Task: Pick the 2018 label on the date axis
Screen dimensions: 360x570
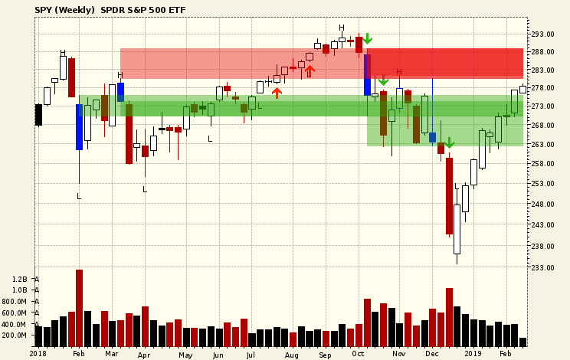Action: pos(38,354)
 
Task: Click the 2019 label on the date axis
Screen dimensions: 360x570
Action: pos(473,354)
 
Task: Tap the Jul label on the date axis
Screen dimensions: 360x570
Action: pos(251,354)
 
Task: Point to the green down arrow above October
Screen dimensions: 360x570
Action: pos(368,38)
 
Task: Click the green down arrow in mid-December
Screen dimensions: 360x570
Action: pos(449,143)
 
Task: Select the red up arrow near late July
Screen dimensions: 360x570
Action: pos(277,93)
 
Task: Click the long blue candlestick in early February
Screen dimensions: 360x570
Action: pos(79,127)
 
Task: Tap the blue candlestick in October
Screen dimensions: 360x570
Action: pos(367,74)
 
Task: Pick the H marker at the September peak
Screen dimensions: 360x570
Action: pos(342,28)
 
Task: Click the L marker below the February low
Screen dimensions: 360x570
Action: pos(79,197)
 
